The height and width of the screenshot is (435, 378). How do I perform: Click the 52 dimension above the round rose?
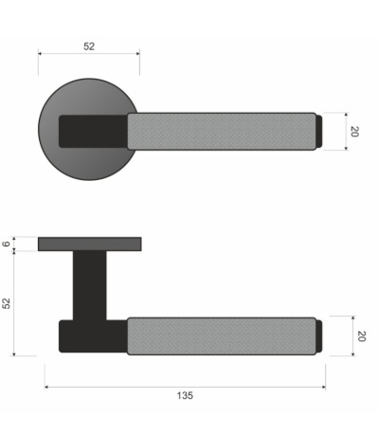click(89, 46)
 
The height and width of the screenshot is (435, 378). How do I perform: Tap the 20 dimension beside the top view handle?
click(354, 132)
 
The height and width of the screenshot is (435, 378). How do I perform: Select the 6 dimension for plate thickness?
click(7, 244)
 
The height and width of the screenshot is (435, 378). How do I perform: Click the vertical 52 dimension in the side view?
click(7, 303)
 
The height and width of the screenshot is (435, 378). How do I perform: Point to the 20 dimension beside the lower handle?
click(361, 335)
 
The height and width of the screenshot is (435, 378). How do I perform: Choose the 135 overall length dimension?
click(185, 395)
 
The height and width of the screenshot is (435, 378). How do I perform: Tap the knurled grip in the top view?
click(222, 131)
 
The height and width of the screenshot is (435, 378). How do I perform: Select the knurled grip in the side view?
click(222, 335)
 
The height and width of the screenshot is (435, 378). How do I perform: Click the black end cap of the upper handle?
click(319, 131)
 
